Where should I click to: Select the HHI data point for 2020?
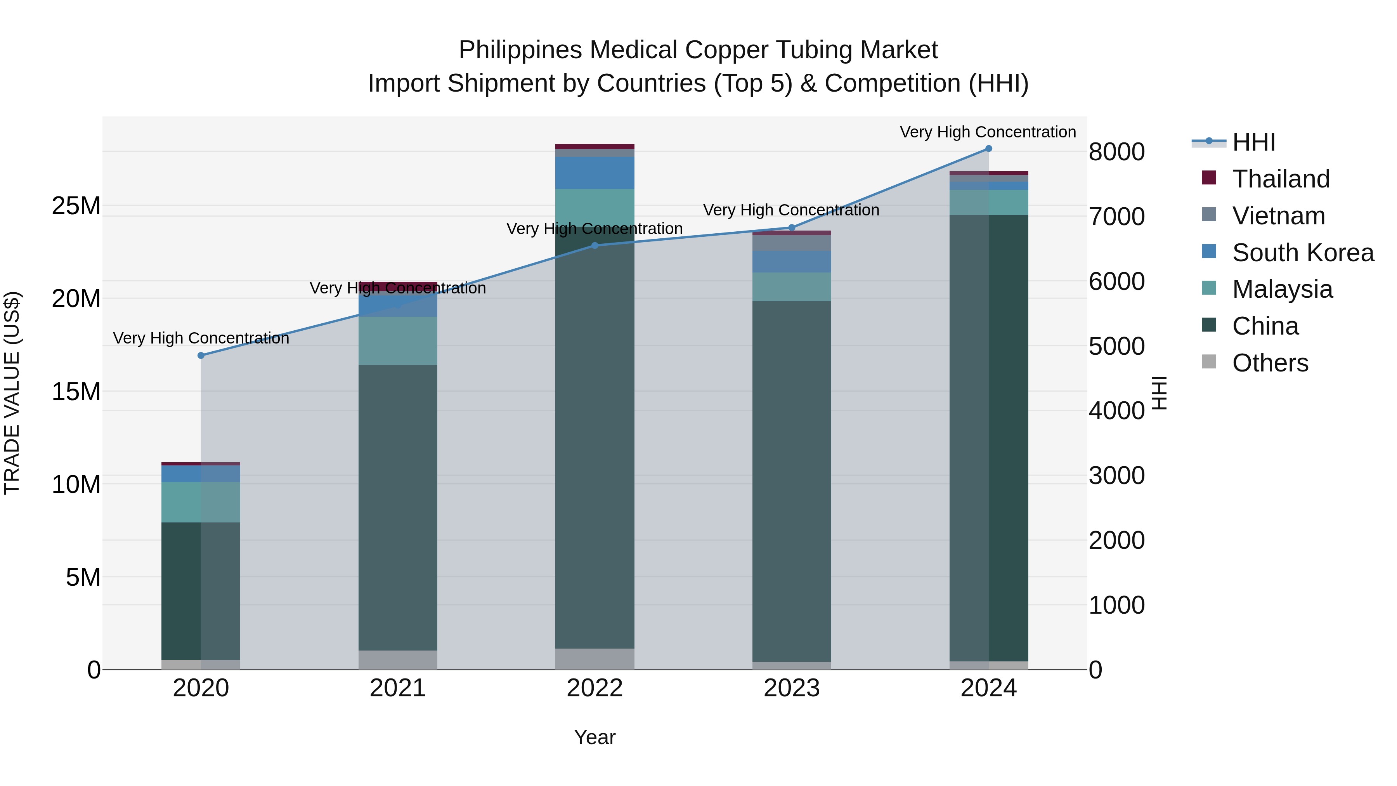pos(201,355)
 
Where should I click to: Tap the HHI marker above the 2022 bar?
pos(595,246)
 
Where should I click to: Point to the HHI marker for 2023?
pos(791,228)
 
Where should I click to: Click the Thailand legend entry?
pos(1281,179)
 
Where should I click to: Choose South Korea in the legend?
pos(1303,253)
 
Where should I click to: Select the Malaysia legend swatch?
pos(1209,288)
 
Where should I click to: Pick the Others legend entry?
pos(1270,363)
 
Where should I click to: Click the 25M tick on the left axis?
pos(76,206)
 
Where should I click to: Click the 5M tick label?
pos(83,577)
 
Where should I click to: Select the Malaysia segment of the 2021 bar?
pos(397,341)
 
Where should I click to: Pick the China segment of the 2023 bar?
pos(791,481)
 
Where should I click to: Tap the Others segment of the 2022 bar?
pos(595,659)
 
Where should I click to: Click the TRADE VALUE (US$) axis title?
pos(12,393)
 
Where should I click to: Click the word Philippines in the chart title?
pos(521,50)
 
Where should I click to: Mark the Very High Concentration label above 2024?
pos(988,132)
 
